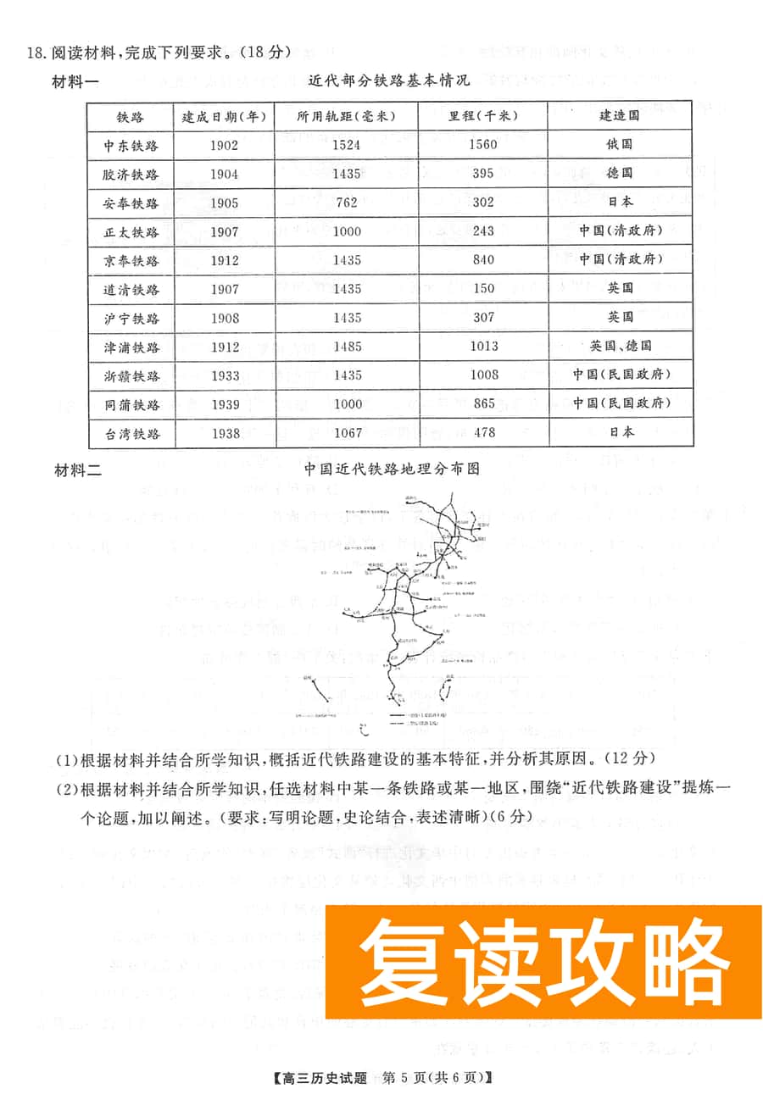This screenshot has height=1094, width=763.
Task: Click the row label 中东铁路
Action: tap(131, 145)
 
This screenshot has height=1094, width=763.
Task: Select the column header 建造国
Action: tap(620, 116)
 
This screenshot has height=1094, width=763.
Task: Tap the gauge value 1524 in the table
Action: tap(346, 145)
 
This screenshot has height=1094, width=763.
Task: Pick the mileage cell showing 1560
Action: tap(483, 145)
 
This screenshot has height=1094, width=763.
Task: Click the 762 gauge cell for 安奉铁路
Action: tap(346, 203)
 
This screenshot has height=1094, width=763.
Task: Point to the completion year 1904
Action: tap(224, 174)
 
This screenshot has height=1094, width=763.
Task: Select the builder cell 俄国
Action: tap(620, 145)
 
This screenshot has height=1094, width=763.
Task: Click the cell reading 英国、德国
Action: tap(620, 346)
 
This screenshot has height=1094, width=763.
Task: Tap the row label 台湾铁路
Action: tap(131, 433)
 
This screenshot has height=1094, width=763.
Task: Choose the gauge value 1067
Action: tap(346, 433)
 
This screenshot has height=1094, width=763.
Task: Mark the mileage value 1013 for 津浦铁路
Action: tap(483, 346)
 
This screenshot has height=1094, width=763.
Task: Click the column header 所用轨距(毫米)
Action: tap(346, 116)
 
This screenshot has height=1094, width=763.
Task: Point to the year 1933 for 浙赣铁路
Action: tap(224, 375)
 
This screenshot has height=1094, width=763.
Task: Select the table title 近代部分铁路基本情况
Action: tap(389, 81)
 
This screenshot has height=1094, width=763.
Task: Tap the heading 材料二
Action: tap(77, 469)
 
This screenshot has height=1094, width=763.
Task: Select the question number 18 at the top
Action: tap(35, 53)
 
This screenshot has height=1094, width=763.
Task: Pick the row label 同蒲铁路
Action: tap(131, 404)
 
